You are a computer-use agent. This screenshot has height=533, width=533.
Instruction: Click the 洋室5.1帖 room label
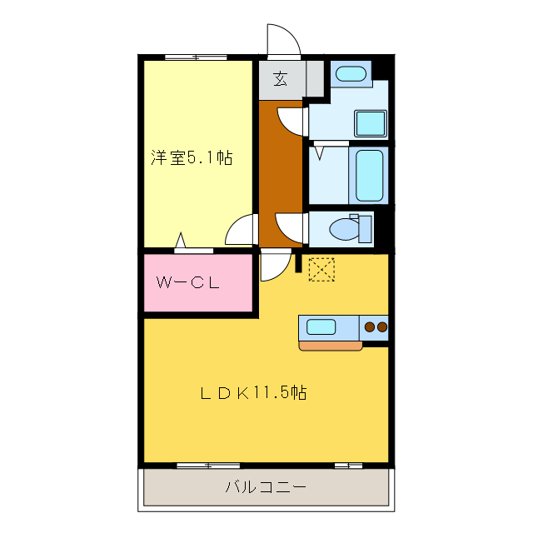pyautogui.click(x=191, y=157)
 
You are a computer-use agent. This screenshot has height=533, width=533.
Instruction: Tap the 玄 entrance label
pyautogui.click(x=281, y=80)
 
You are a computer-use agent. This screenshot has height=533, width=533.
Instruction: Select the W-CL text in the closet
pyautogui.click(x=188, y=282)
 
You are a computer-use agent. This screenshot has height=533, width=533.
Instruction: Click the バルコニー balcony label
pyautogui.click(x=266, y=487)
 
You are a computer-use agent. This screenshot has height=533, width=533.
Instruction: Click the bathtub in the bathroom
pyautogui.click(x=369, y=176)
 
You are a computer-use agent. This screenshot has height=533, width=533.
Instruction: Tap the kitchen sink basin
pyautogui.click(x=321, y=326)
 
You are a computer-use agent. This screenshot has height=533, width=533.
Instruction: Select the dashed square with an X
pyautogui.click(x=321, y=269)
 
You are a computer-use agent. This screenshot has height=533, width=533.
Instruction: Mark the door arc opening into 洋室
pyautogui.click(x=242, y=229)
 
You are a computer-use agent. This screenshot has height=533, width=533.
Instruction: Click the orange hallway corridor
pyautogui.click(x=280, y=175)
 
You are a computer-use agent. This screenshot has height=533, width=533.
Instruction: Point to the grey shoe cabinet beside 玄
pyautogui.click(x=315, y=80)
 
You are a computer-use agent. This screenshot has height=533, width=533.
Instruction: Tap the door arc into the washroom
pyautogui.click(x=291, y=122)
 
